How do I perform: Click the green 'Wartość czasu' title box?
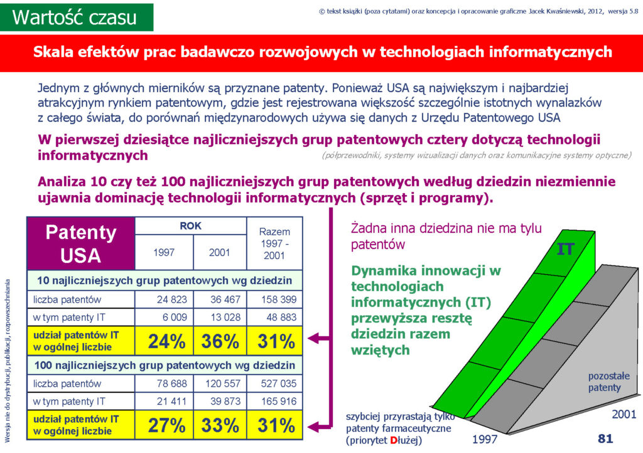pos(77,17)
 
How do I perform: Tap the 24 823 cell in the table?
pos(164,299)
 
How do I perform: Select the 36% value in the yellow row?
pos(220,341)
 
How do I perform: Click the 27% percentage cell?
pos(164,425)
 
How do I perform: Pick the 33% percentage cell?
pos(220,425)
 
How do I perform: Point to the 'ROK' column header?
pos(191,226)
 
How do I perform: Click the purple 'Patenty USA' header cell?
pos(81,243)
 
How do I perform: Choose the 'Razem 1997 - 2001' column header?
pos(274,243)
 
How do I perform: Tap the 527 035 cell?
pos(275,384)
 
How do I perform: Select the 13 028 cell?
pos(220,317)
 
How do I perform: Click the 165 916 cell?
pos(275,402)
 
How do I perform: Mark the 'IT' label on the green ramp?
pos(566,249)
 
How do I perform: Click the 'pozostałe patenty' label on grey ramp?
pos(608,381)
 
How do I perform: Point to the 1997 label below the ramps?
pos(485,439)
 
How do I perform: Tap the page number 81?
pos(605,439)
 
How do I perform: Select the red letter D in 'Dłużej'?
pos(393,440)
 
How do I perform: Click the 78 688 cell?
pos(164,384)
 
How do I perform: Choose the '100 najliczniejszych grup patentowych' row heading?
pos(165,365)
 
